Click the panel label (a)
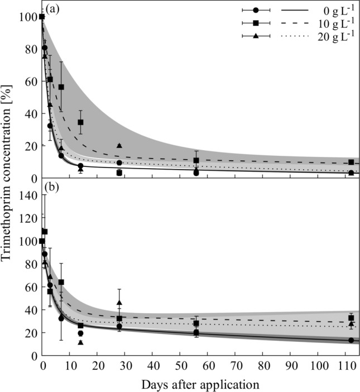54,9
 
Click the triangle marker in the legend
255,36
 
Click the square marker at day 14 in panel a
81,122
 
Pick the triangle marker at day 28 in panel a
119,146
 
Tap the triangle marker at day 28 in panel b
119,303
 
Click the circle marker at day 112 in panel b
351,340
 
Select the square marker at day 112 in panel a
351,162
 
